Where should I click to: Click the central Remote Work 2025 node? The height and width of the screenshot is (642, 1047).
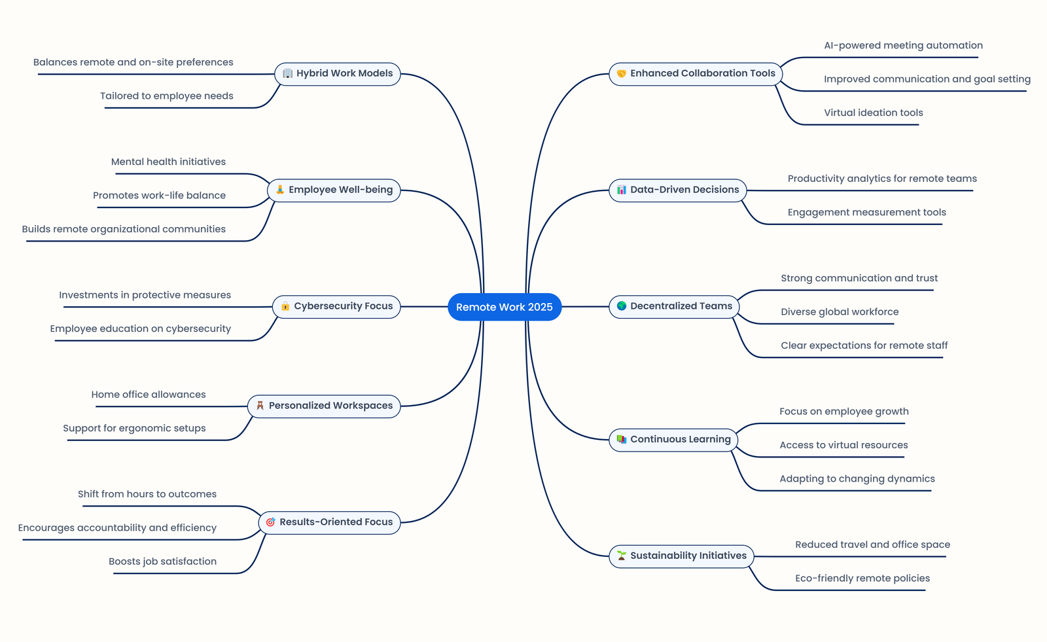coord(504,307)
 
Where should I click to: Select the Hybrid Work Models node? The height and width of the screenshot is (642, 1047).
coord(338,73)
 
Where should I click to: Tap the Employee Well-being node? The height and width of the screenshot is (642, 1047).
coord(334,190)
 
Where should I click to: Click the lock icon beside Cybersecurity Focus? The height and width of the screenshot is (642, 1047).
coord(285,306)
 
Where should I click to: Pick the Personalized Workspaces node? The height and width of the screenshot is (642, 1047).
coord(324,406)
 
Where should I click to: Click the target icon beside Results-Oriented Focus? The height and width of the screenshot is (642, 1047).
coord(270,522)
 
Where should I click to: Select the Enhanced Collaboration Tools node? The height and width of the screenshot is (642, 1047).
coord(696,74)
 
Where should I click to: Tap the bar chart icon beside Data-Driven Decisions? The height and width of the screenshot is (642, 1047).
coord(622,190)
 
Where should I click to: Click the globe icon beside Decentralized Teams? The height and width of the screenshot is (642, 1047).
coord(622,306)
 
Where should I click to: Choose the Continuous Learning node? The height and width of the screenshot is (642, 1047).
coord(673,440)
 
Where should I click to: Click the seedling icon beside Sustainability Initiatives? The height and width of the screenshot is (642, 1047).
coord(622,556)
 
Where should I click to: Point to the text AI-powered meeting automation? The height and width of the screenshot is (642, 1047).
coord(903,45)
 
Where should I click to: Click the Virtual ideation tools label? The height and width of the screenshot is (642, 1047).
coord(873,113)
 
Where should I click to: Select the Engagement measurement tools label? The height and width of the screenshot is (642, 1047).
coord(866,212)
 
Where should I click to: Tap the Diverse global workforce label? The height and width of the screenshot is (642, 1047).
coord(840,312)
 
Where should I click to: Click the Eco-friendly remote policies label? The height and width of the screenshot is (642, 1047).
coord(862,578)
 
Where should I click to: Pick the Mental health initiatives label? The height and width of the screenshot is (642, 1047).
coord(168,162)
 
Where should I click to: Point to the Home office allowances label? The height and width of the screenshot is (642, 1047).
coord(149,395)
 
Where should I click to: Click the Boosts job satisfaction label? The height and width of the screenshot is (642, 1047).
coord(162,562)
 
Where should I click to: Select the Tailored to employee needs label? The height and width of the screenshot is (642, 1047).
coord(167,96)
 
